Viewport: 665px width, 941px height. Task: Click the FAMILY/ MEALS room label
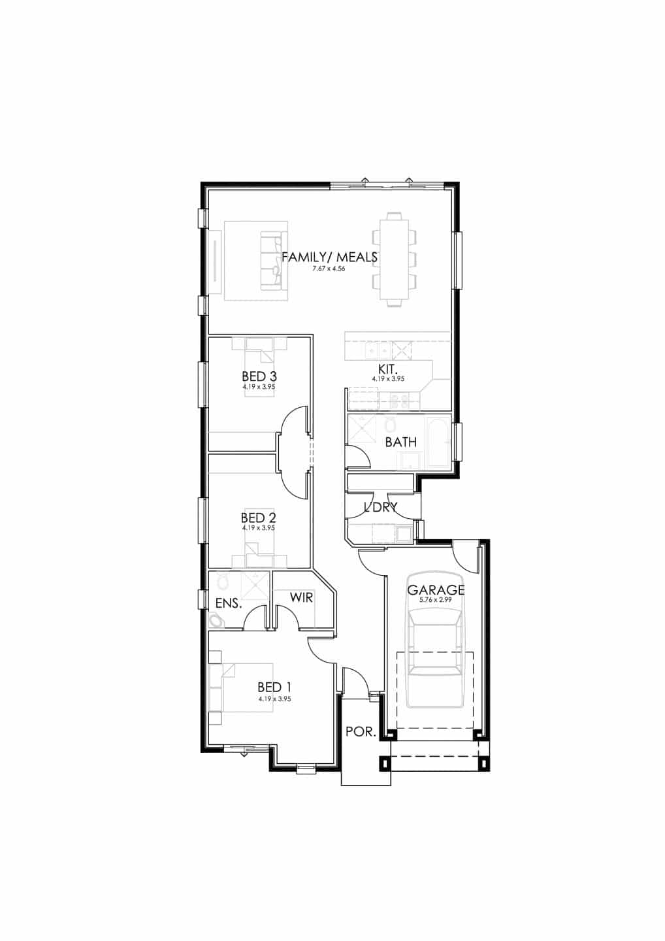(329, 257)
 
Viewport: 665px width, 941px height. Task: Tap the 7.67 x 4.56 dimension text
(329, 269)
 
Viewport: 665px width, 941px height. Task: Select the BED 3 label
(259, 376)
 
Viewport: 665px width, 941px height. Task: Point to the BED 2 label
(259, 518)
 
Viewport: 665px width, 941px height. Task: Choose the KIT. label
(388, 370)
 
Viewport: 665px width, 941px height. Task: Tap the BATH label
(401, 442)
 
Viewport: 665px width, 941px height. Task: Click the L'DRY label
(380, 508)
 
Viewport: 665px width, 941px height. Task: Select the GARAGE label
(436, 590)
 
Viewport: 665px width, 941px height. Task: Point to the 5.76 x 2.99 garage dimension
(436, 601)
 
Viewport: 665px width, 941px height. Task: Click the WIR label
(301, 597)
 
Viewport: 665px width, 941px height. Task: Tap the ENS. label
(229, 604)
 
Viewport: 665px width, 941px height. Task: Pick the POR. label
(361, 732)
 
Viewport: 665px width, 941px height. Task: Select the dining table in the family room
(394, 260)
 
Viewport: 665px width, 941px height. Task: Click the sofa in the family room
(272, 261)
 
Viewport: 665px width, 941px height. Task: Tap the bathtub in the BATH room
(439, 441)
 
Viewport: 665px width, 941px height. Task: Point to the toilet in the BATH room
(389, 424)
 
